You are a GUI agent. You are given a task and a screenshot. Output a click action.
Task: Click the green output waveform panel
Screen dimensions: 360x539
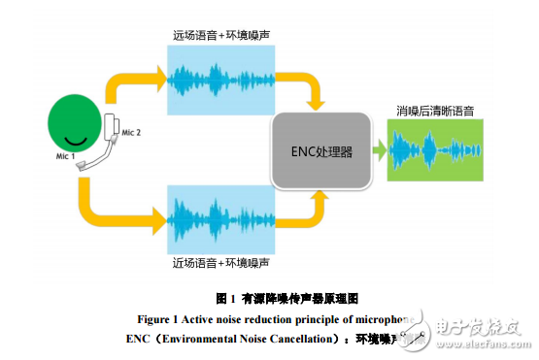pos(434,150)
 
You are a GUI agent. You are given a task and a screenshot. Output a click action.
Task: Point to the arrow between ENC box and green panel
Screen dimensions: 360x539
pos(381,150)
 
